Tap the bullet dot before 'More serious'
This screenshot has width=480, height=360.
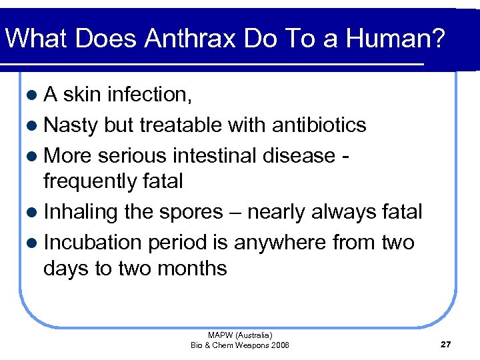33,156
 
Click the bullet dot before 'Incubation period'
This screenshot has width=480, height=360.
33,243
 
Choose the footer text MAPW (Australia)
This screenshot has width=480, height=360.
240,335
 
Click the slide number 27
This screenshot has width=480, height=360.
446,344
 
